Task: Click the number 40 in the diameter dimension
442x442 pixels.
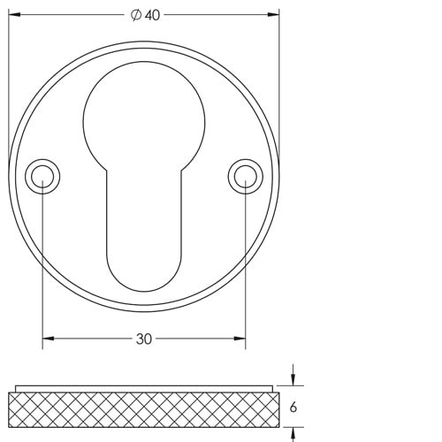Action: click(152, 16)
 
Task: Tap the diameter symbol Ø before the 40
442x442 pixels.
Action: click(135, 16)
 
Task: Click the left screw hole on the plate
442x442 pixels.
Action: click(42, 176)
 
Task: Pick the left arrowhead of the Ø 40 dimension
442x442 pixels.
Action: click(13, 16)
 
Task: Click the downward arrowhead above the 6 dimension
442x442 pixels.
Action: click(293, 381)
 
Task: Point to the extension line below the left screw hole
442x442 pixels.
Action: click(42, 265)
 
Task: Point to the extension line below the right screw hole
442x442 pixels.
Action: click(245, 265)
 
